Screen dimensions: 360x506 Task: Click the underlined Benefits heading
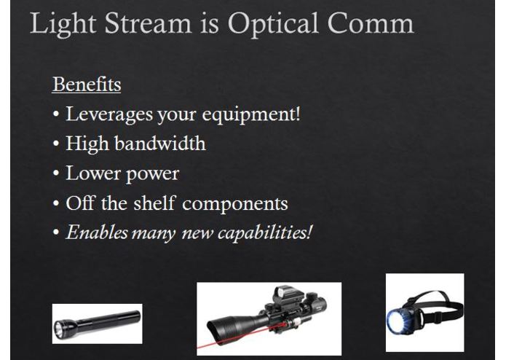point(86,85)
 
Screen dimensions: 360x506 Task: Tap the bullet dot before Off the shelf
point(56,203)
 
